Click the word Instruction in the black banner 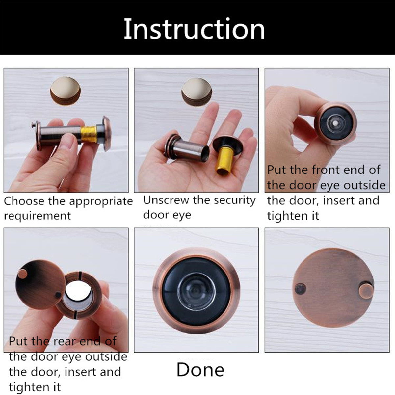[194, 29]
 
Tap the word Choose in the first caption [24, 201]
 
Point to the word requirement [37, 216]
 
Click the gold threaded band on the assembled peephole [89, 134]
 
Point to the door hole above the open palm [197, 92]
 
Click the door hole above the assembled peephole [66, 91]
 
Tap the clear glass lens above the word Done [196, 292]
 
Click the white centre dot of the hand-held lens [335, 123]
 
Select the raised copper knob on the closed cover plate [366, 292]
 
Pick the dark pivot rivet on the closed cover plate [301, 289]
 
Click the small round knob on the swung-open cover [23, 274]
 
